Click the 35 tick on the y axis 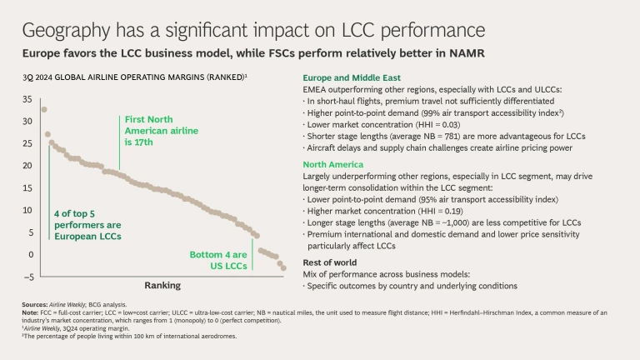point(27,99)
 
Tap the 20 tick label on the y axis point(27,166)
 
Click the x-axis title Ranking point(163,285)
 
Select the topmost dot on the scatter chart point(44,109)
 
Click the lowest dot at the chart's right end point(283,267)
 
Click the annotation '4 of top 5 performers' point(87,225)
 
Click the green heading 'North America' point(332,164)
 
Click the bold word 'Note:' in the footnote point(30,312)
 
